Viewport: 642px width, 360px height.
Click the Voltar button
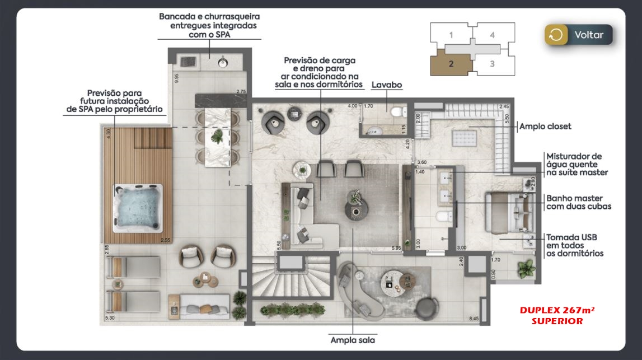[x=579, y=35]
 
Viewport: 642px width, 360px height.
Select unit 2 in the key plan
[x=451, y=63]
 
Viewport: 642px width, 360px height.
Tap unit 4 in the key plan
[x=492, y=35]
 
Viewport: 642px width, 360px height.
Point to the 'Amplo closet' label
[x=545, y=127]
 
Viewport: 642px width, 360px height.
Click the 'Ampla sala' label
[x=352, y=340]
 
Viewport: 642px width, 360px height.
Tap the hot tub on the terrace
[x=138, y=208]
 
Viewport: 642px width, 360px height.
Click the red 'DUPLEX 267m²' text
[x=556, y=310]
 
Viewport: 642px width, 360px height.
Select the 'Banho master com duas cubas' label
[x=578, y=202]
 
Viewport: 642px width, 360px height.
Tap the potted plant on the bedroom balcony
[x=526, y=269]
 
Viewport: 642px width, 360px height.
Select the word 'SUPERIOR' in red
[x=557, y=321]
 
